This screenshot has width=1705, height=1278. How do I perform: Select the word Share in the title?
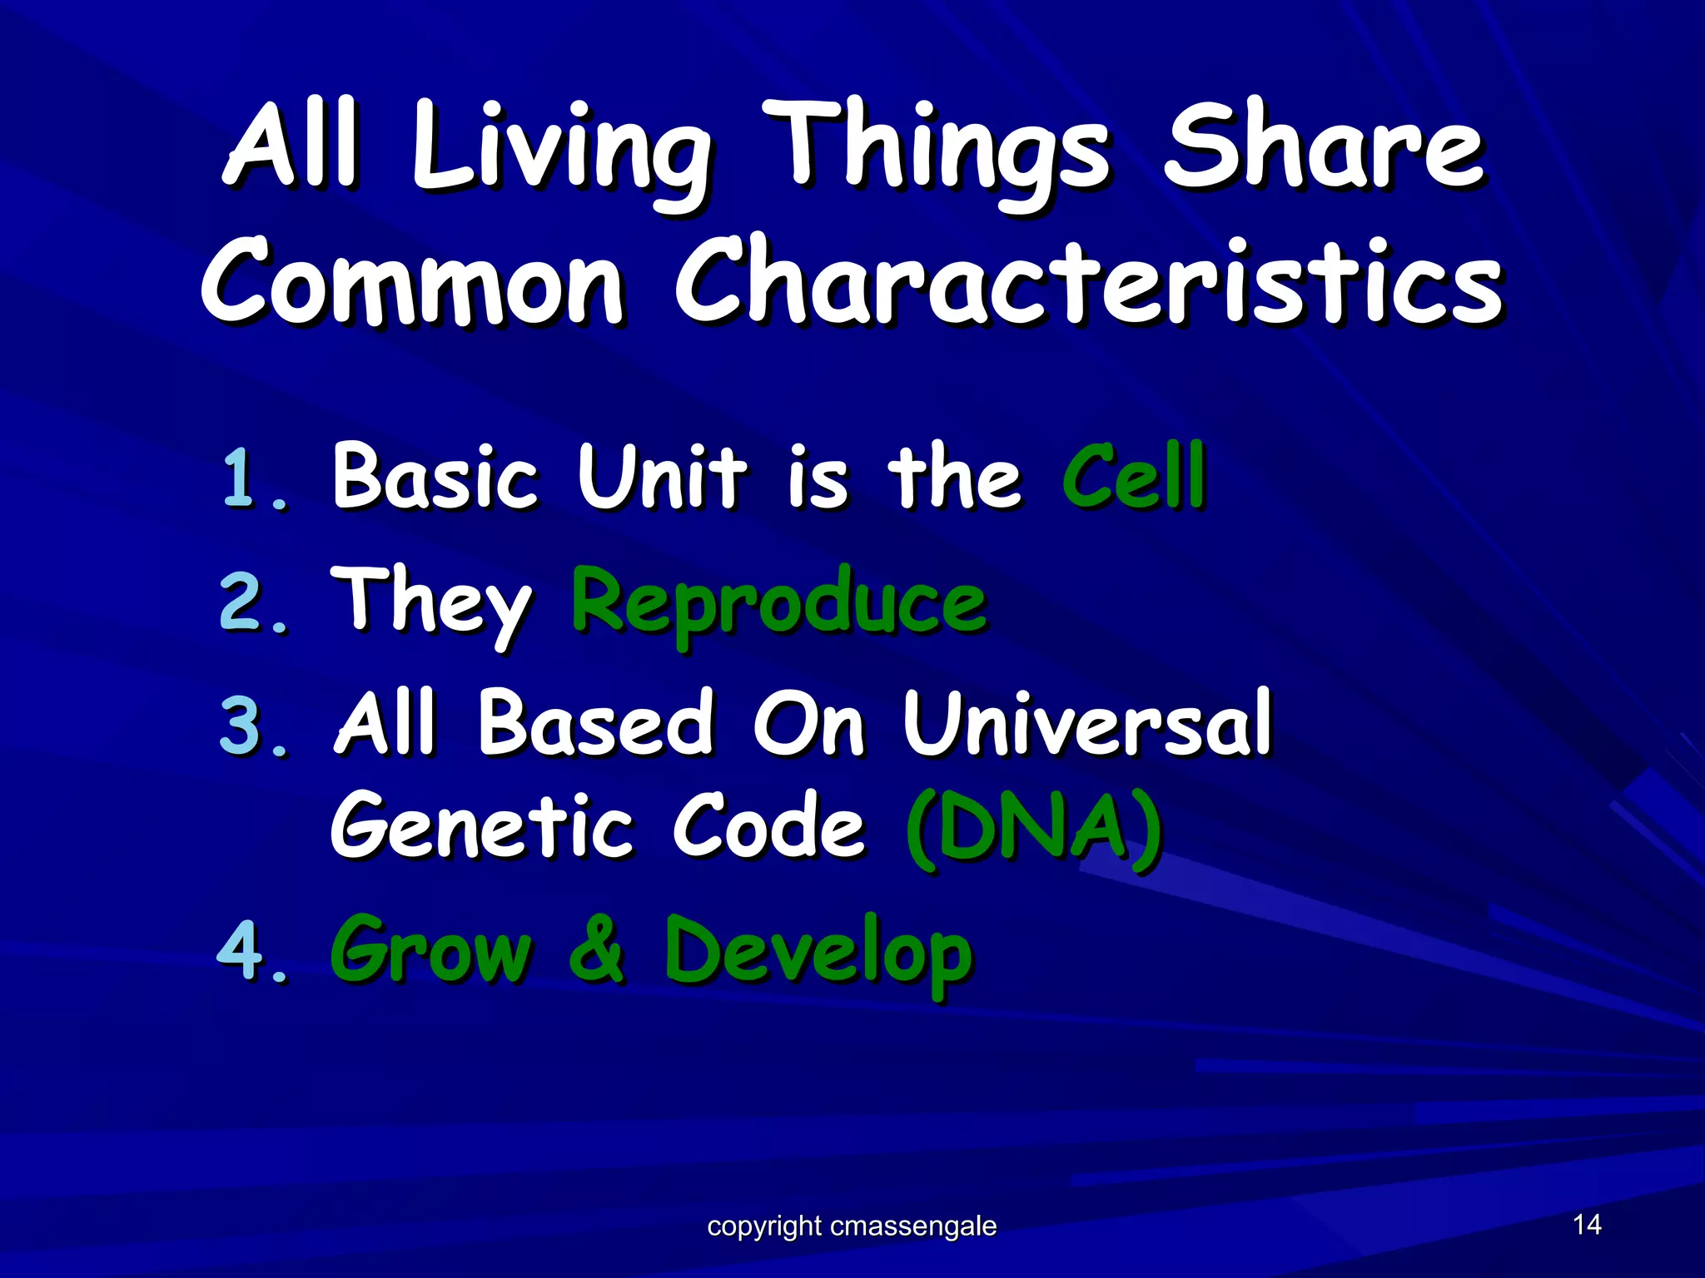[1324, 150]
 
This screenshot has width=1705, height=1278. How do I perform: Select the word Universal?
[1087, 724]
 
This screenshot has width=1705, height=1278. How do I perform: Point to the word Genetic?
[482, 828]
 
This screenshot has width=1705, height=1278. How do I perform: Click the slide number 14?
[1587, 1224]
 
